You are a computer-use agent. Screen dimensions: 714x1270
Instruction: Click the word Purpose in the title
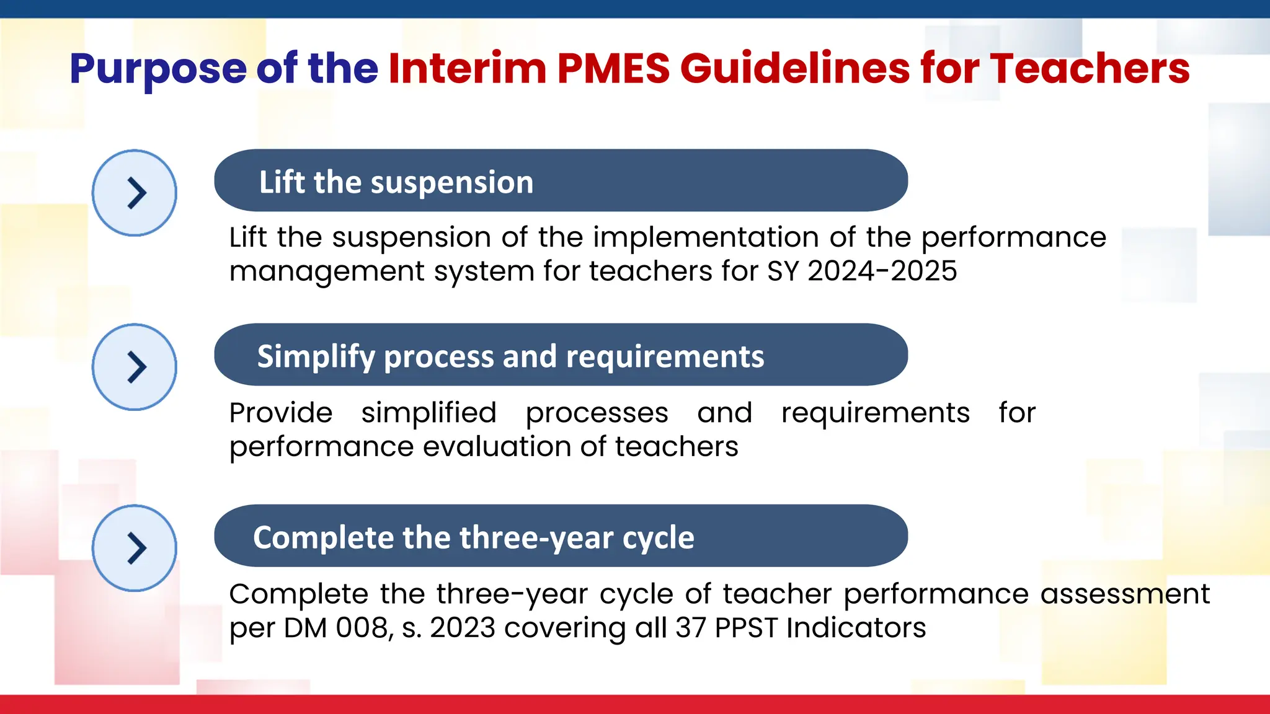158,68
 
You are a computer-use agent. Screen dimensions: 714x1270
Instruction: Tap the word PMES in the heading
613,68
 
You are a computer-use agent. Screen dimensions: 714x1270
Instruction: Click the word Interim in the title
467,68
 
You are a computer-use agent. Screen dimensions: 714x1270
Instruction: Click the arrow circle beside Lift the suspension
135,193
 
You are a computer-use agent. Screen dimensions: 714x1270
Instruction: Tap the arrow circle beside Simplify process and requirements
135,367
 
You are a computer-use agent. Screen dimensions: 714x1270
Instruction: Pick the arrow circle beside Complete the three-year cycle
135,548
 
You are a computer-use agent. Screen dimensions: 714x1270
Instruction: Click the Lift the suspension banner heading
396,182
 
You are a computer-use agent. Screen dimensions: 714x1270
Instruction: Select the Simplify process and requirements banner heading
510,356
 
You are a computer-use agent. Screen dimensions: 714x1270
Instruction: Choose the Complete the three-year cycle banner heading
473,537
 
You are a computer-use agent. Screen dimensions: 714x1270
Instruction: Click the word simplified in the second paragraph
429,413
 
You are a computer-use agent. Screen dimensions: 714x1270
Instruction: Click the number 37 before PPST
690,628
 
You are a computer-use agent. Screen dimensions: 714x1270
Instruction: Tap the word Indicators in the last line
856,628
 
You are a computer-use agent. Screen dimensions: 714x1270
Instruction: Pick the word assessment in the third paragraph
1124,594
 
